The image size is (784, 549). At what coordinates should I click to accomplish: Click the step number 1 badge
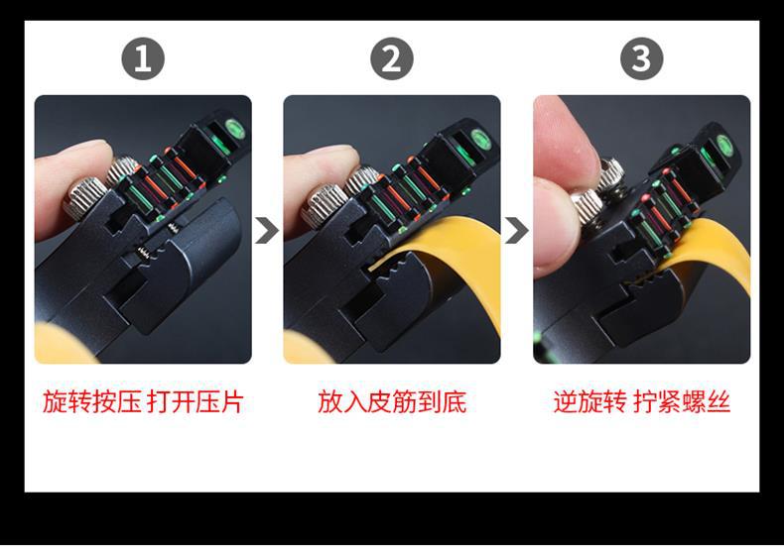click(x=143, y=58)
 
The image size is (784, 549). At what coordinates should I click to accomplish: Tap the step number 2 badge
click(x=391, y=58)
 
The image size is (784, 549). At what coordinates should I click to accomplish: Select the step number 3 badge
click(x=641, y=58)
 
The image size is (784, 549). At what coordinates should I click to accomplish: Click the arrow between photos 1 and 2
click(x=267, y=230)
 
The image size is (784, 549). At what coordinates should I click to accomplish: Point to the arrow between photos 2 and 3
click(x=516, y=230)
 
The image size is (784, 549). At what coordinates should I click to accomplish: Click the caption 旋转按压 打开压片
click(x=143, y=401)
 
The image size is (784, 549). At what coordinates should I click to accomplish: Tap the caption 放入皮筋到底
click(x=392, y=401)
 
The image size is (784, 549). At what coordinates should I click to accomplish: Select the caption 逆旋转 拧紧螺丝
click(x=642, y=401)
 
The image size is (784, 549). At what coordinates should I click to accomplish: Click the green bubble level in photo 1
click(x=234, y=128)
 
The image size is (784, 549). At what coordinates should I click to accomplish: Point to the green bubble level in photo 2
click(x=480, y=139)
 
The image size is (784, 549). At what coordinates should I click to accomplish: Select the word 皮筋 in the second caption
click(x=392, y=401)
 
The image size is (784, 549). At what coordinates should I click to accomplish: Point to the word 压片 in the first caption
click(x=219, y=401)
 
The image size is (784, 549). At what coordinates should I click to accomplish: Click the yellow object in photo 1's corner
click(x=60, y=345)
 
